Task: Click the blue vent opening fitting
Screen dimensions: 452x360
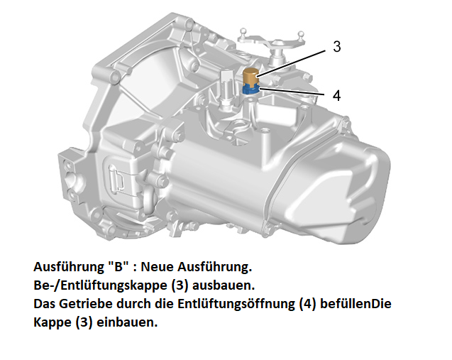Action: coord(250,90)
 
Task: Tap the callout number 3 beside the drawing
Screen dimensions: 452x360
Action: coord(336,47)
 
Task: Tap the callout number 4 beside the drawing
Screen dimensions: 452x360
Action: coord(336,95)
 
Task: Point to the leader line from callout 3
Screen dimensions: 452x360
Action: coord(292,63)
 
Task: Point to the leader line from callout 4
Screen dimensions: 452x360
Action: coord(293,92)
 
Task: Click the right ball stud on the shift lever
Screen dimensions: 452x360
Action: coord(301,34)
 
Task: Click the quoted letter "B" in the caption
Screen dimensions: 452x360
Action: coord(118,266)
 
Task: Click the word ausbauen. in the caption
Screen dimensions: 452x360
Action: coord(224,285)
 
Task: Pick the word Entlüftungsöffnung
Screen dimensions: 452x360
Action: coord(236,305)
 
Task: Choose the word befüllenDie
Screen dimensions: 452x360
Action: coord(355,304)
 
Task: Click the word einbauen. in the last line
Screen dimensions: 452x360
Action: coord(127,322)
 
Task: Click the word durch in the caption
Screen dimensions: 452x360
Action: coord(134,304)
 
